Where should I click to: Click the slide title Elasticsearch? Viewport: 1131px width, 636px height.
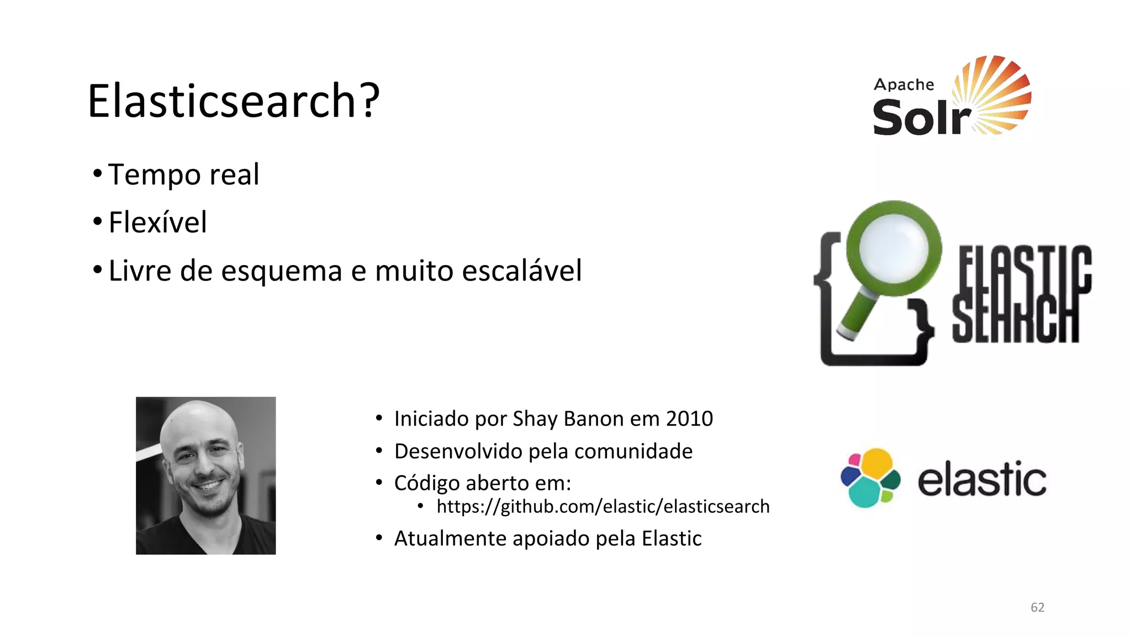tap(234, 100)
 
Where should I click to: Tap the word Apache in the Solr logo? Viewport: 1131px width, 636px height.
tap(903, 84)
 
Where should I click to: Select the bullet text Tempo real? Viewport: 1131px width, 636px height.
tap(183, 174)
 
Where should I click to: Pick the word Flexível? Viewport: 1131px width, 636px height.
tap(157, 222)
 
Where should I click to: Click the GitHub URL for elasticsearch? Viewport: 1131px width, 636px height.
tap(603, 506)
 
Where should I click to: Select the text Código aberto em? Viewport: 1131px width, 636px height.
tap(482, 483)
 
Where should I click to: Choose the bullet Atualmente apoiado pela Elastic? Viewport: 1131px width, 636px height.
tap(547, 538)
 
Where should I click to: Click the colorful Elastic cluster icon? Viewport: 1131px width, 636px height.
tap(870, 478)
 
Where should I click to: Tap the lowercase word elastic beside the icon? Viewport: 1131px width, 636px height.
tap(981, 479)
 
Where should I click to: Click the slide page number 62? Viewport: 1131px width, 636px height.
tap(1037, 607)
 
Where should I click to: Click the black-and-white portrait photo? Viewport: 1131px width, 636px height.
tap(205, 475)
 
